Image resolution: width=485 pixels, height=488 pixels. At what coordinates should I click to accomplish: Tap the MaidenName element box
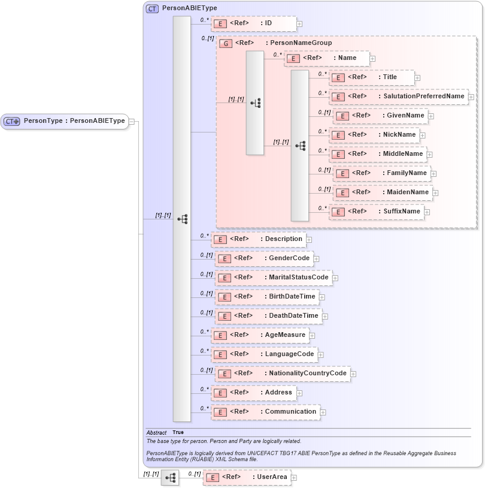383,192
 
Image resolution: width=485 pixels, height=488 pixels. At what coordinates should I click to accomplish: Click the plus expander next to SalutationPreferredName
471,97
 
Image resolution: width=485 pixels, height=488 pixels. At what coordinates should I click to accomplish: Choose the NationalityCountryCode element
283,373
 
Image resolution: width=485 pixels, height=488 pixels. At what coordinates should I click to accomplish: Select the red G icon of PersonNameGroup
226,43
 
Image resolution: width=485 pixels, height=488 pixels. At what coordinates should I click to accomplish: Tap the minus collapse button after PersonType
132,121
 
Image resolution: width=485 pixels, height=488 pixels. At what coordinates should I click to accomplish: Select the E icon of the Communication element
220,412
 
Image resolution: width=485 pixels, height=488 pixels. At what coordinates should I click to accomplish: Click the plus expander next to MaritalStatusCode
335,278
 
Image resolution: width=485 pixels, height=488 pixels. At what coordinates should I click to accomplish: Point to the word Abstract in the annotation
156,432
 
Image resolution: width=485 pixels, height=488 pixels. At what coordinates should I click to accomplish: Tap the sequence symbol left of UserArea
170,478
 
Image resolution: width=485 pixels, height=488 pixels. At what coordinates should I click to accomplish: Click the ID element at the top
253,23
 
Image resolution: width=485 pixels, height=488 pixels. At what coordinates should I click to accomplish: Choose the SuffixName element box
376,212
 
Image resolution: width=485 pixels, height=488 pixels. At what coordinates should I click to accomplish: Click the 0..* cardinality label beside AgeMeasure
204,332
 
